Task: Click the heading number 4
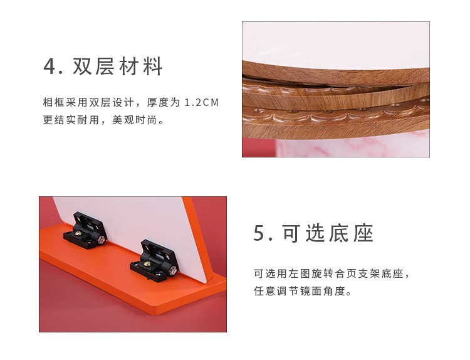pos(50,66)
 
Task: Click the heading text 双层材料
pos(118,66)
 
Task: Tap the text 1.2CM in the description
pos(202,102)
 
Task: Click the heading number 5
pos(260,233)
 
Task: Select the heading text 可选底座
pos(328,233)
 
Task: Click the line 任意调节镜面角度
pos(303,292)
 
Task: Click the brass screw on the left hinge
pos(79,236)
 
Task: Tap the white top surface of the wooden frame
pos(332,44)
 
